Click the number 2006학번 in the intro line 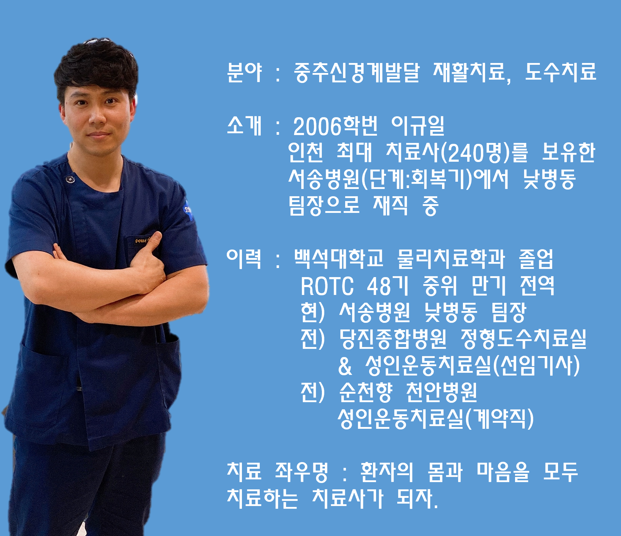pos(335,126)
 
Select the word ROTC pos(327,286)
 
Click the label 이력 pos(244,259)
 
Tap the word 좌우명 pos(302,472)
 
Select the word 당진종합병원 pos(393,339)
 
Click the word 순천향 pos(366,392)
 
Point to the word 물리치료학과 pos(451,259)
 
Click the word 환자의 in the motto pos(387,472)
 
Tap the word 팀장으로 pos(324,206)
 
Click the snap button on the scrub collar pos(70,179)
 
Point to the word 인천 pos(306,152)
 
